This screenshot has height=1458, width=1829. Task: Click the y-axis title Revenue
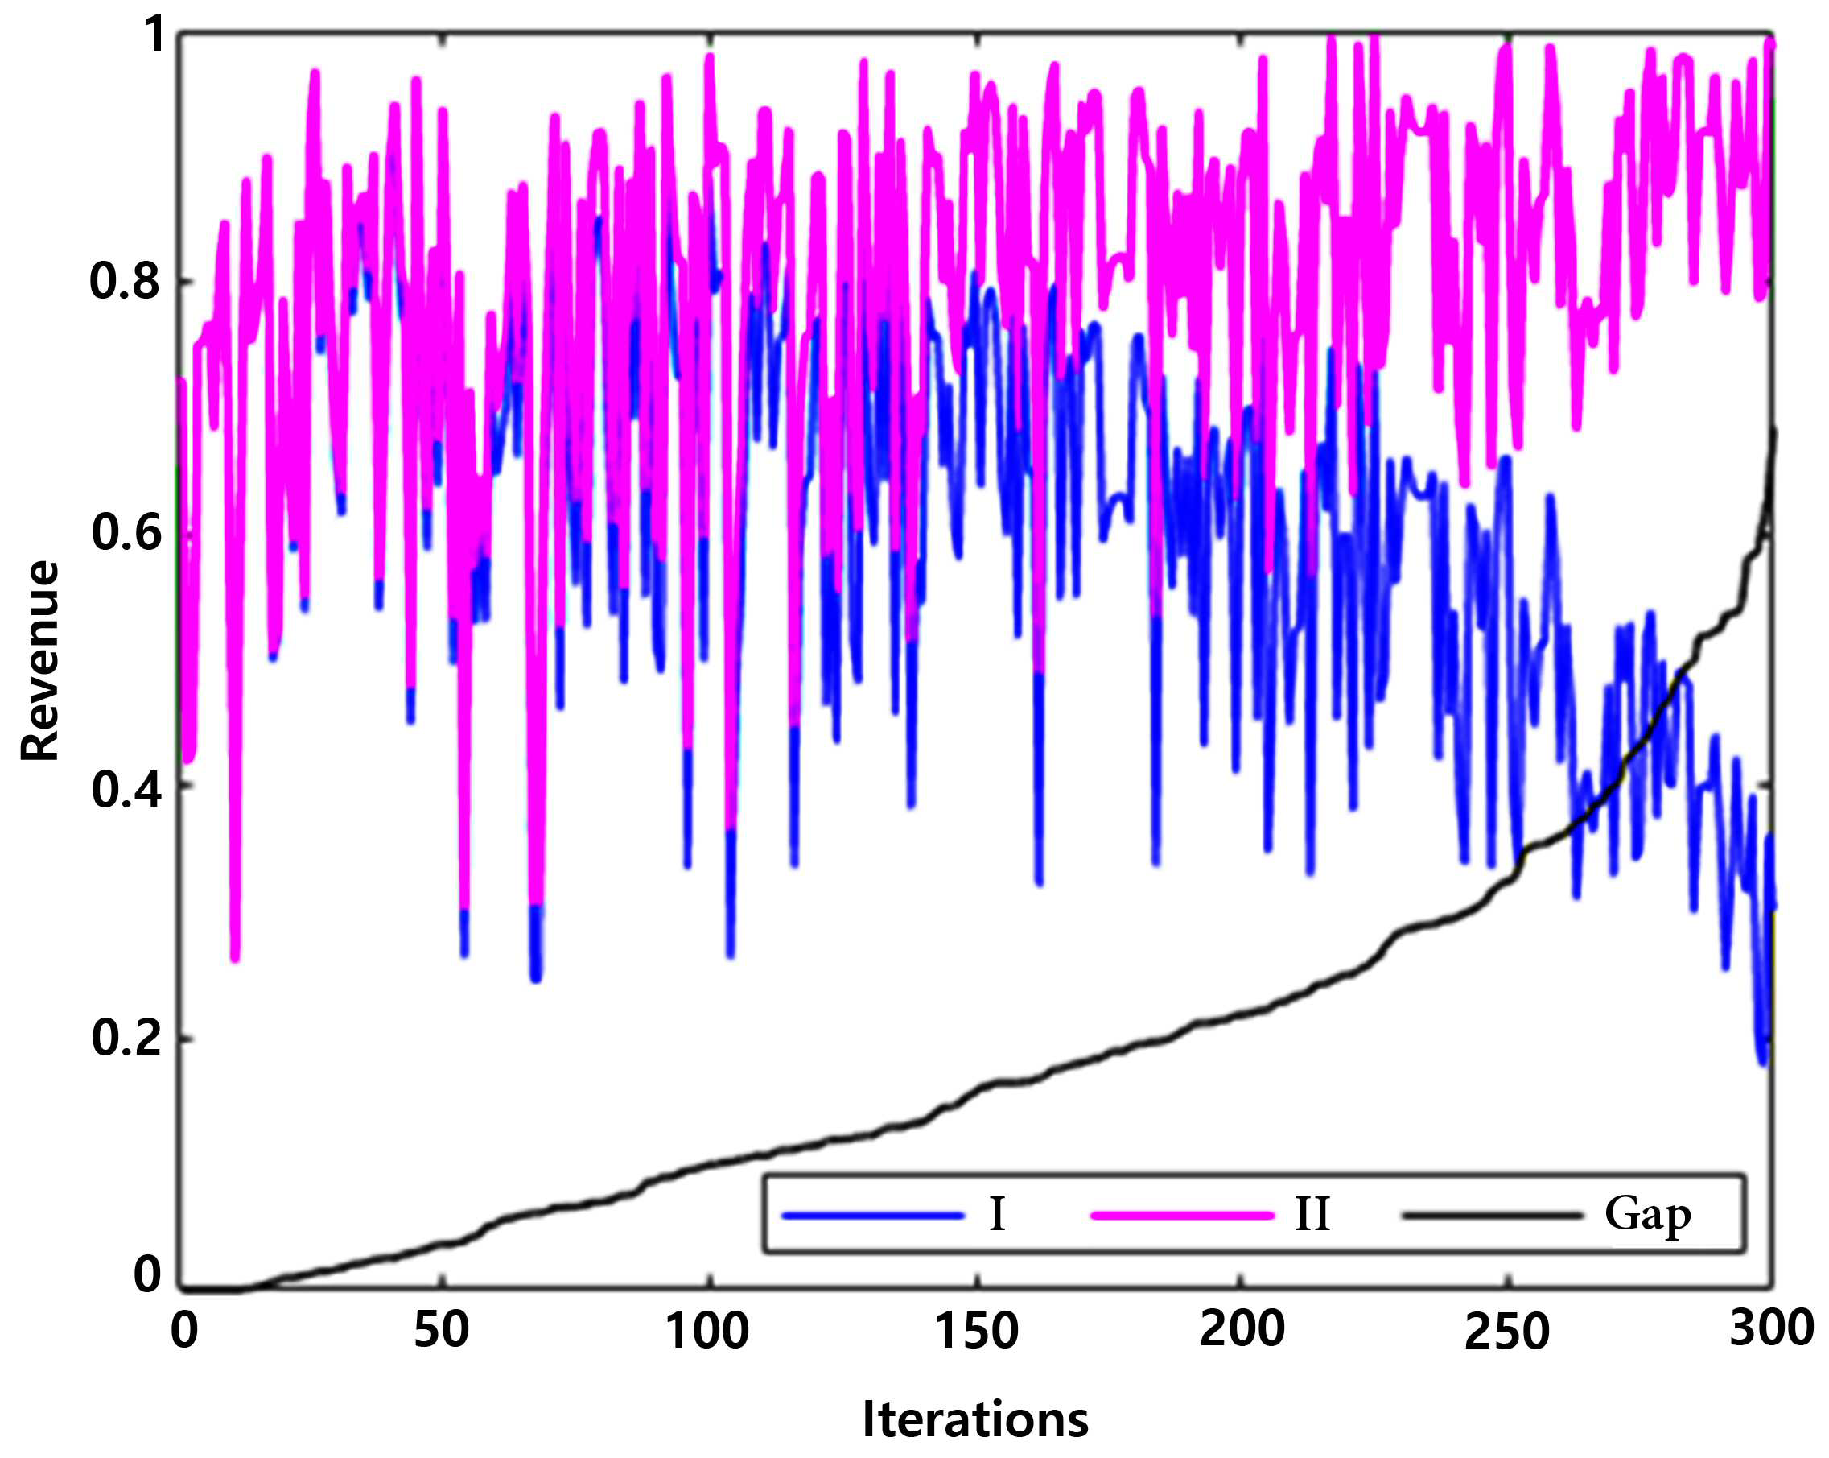tap(40, 660)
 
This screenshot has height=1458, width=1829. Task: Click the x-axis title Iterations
tap(975, 1419)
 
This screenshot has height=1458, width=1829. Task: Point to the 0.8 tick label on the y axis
tap(125, 280)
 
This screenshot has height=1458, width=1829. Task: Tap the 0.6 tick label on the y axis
tap(125, 532)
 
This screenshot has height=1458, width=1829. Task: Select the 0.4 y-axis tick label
tap(125, 788)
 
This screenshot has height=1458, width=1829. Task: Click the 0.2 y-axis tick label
tap(125, 1037)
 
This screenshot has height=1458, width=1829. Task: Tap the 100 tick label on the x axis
tap(707, 1330)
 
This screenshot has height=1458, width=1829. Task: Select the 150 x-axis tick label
tap(976, 1330)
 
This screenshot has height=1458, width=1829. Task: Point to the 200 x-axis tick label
tap(1242, 1329)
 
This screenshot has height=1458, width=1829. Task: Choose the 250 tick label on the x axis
tap(1507, 1331)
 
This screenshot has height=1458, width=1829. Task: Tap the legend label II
tap(1312, 1214)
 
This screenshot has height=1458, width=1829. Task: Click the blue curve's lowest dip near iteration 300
tap(1764, 1063)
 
